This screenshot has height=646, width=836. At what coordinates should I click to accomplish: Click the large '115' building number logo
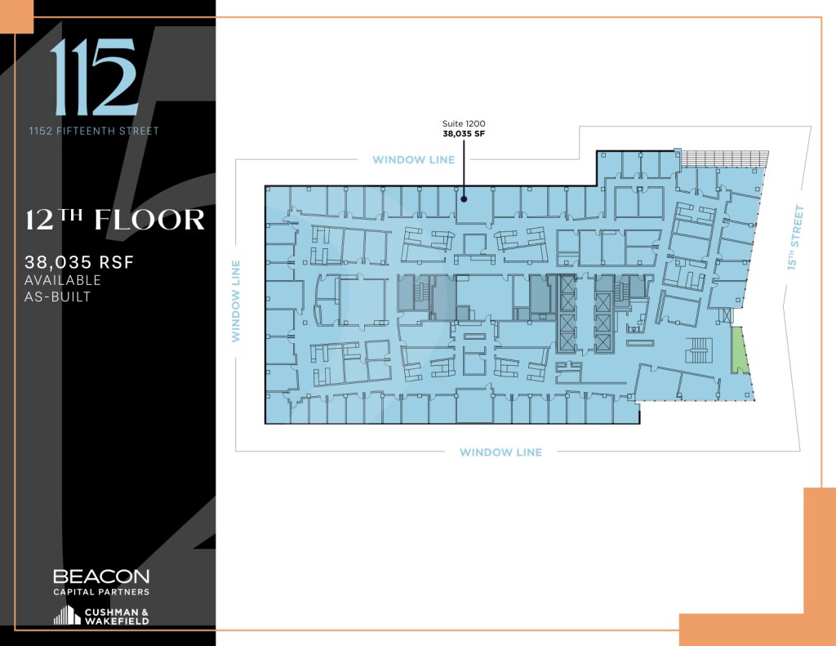pyautogui.click(x=93, y=78)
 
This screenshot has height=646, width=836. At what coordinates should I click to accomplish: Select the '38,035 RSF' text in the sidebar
pyautogui.click(x=78, y=263)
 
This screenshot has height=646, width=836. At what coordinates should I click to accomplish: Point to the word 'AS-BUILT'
pyautogui.click(x=58, y=296)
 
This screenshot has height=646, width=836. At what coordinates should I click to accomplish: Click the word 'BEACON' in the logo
pyautogui.click(x=101, y=577)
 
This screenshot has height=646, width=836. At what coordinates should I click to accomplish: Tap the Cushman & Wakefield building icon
pyautogui.click(x=67, y=615)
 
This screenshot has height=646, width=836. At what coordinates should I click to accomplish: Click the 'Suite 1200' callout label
pyautogui.click(x=464, y=123)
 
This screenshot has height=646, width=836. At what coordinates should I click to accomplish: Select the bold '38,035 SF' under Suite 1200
pyautogui.click(x=464, y=133)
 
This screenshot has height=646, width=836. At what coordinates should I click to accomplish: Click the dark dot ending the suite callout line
pyautogui.click(x=464, y=197)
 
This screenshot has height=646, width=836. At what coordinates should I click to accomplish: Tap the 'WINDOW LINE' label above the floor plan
pyautogui.click(x=413, y=160)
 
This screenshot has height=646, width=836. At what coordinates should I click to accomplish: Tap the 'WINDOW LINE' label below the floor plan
pyautogui.click(x=500, y=452)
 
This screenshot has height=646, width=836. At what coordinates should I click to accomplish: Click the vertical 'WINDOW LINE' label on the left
pyautogui.click(x=236, y=301)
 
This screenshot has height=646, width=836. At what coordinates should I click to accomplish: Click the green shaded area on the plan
pyautogui.click(x=739, y=350)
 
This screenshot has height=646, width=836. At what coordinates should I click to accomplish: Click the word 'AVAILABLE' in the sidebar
pyautogui.click(x=64, y=280)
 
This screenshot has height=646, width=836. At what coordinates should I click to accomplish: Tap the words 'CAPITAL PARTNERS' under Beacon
pyautogui.click(x=101, y=591)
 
